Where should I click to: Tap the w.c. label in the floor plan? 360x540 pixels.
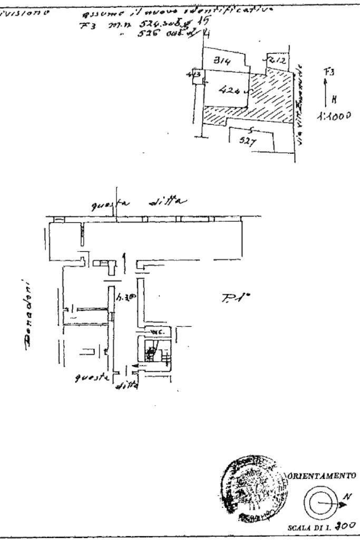click(x=156, y=332)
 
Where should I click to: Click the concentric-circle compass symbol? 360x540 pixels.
click(x=319, y=504)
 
